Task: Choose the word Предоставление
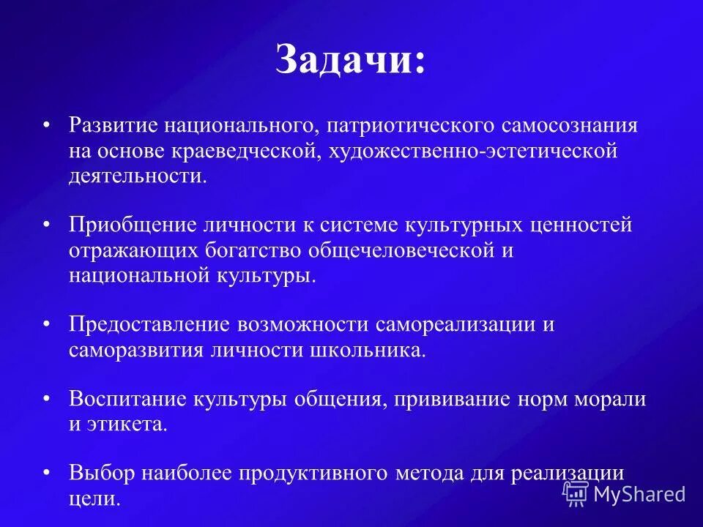click(148, 324)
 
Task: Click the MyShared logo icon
click(575, 494)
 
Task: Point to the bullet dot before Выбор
click(47, 473)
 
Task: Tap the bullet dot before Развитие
click(47, 125)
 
